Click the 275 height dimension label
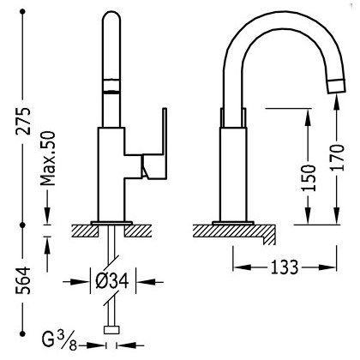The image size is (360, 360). [x=22, y=121]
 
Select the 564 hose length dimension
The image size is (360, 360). [x=22, y=280]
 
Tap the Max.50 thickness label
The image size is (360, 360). [x=47, y=159]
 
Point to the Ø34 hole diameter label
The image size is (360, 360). [x=112, y=282]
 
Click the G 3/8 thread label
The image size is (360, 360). [x=59, y=341]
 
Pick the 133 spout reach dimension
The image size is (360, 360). [x=285, y=267]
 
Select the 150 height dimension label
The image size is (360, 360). [x=309, y=177]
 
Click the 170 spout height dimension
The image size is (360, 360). [x=337, y=158]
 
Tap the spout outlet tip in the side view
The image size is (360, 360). [x=336, y=86]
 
